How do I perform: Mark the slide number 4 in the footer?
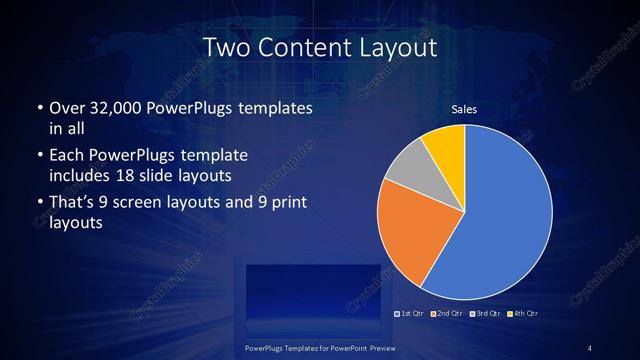tap(591, 348)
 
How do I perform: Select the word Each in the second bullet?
tap(66, 157)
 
